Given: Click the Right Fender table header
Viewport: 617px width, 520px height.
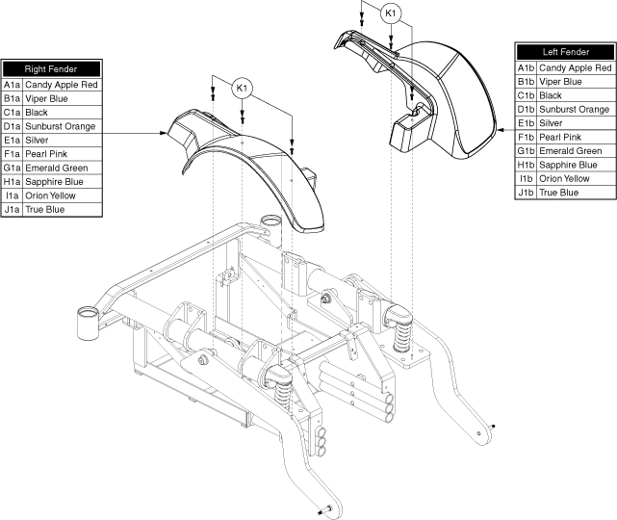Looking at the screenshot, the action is tap(51, 69).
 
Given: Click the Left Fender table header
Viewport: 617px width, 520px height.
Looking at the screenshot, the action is tap(565, 52).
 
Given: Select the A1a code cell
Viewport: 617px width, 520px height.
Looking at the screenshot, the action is tap(13, 85).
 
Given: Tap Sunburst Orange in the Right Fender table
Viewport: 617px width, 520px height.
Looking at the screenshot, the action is tap(61, 126).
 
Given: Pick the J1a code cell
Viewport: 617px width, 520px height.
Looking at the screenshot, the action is tap(13, 209).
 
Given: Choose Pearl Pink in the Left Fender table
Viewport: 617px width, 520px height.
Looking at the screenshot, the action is tap(560, 137).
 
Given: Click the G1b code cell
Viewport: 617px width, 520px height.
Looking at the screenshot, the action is tap(527, 151).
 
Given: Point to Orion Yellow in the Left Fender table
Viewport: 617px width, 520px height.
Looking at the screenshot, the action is tap(564, 179).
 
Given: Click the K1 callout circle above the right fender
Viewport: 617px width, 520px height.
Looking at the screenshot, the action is tap(242, 89).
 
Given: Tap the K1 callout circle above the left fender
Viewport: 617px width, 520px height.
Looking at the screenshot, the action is tap(391, 13).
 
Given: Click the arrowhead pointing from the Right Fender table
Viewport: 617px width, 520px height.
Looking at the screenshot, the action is tap(164, 133).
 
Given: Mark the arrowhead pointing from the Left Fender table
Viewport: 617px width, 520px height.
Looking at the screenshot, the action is tap(501, 129).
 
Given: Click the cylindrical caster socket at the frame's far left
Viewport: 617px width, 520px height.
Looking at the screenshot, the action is tap(88, 323).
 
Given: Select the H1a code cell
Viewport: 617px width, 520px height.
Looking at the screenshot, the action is tap(13, 181).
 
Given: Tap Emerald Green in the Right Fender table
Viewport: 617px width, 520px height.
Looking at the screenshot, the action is tap(57, 169).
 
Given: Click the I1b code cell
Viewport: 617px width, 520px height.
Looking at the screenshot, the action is tap(527, 179).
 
